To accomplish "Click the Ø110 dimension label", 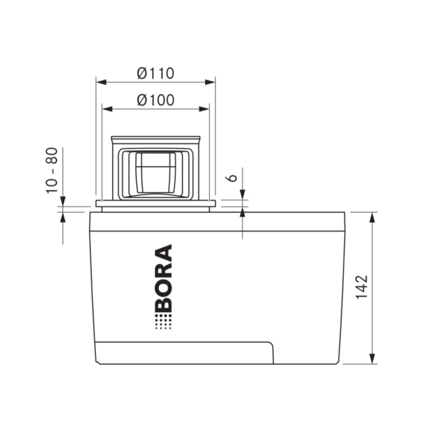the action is [x=155, y=73].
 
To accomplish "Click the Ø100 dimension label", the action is [x=155, y=100].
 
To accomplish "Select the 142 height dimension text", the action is [x=362, y=287].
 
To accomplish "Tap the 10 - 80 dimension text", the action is [x=52, y=170].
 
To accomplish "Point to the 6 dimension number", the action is [x=232, y=178].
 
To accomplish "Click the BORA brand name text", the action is [x=163, y=278].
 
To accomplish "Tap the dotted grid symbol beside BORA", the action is [x=163, y=321].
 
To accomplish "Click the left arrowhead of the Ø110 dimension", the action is [x=101, y=82].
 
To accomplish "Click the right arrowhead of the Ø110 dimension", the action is [x=210, y=82].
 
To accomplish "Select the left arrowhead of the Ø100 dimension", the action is [x=107, y=109].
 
